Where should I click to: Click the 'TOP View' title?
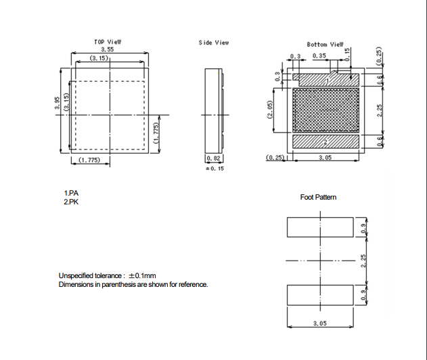coord(108,42)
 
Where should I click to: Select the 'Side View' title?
coord(214,43)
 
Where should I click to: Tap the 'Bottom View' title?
coord(325,45)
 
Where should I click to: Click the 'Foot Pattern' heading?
coord(318,197)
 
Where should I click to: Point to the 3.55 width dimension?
coord(108,49)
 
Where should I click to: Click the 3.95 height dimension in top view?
coord(58,103)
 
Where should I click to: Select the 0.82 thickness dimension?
coord(214,158)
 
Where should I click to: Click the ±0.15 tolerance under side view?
coord(215,168)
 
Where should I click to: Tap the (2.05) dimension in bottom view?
coord(269,110)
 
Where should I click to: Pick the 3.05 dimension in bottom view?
coord(325,158)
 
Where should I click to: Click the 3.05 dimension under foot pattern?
coord(319,323)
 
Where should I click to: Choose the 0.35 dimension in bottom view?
coord(319,55)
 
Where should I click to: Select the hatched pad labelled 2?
coord(325,141)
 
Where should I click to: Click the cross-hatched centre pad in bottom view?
coord(325,110)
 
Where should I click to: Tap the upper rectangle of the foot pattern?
coord(320,227)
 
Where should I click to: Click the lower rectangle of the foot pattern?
coord(320,295)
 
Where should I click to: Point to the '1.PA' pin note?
coord(71,193)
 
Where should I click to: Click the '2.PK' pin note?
coord(71,202)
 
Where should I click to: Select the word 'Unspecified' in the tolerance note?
coord(76,275)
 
